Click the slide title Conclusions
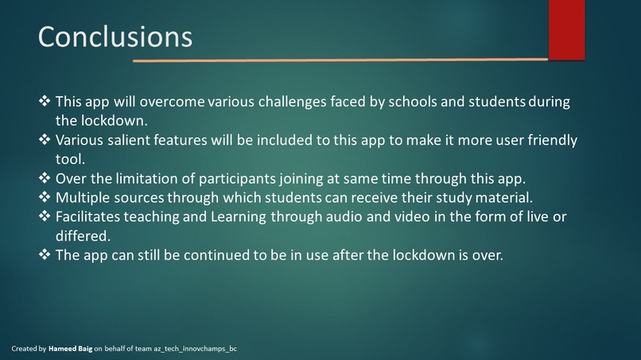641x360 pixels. [115, 37]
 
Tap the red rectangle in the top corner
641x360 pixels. [566, 29]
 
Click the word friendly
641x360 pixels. [547, 140]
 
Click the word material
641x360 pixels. [502, 197]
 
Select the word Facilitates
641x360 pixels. [91, 217]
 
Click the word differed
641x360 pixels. [84, 236]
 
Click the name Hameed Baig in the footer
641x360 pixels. [70, 349]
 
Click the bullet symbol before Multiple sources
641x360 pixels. [45, 197]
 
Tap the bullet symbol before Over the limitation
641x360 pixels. [45, 178]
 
